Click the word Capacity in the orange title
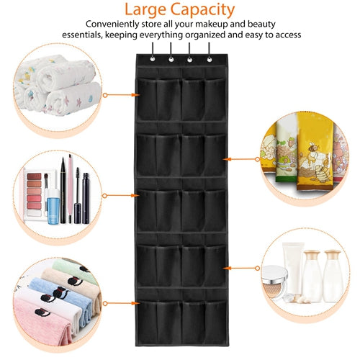tap(202, 10)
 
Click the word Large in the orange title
tap(145, 10)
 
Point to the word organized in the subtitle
tap(205, 35)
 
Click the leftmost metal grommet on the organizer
tap(152, 58)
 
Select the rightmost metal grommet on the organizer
tap(210, 59)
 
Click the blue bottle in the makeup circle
tap(53, 207)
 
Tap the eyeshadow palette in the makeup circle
tap(35, 194)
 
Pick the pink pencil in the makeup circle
tap(70, 189)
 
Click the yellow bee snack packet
tap(315, 151)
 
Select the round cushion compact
tap(274, 282)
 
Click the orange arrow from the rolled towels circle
tap(121, 95)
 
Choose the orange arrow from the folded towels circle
tap(121, 304)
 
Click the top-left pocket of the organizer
tap(147, 99)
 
